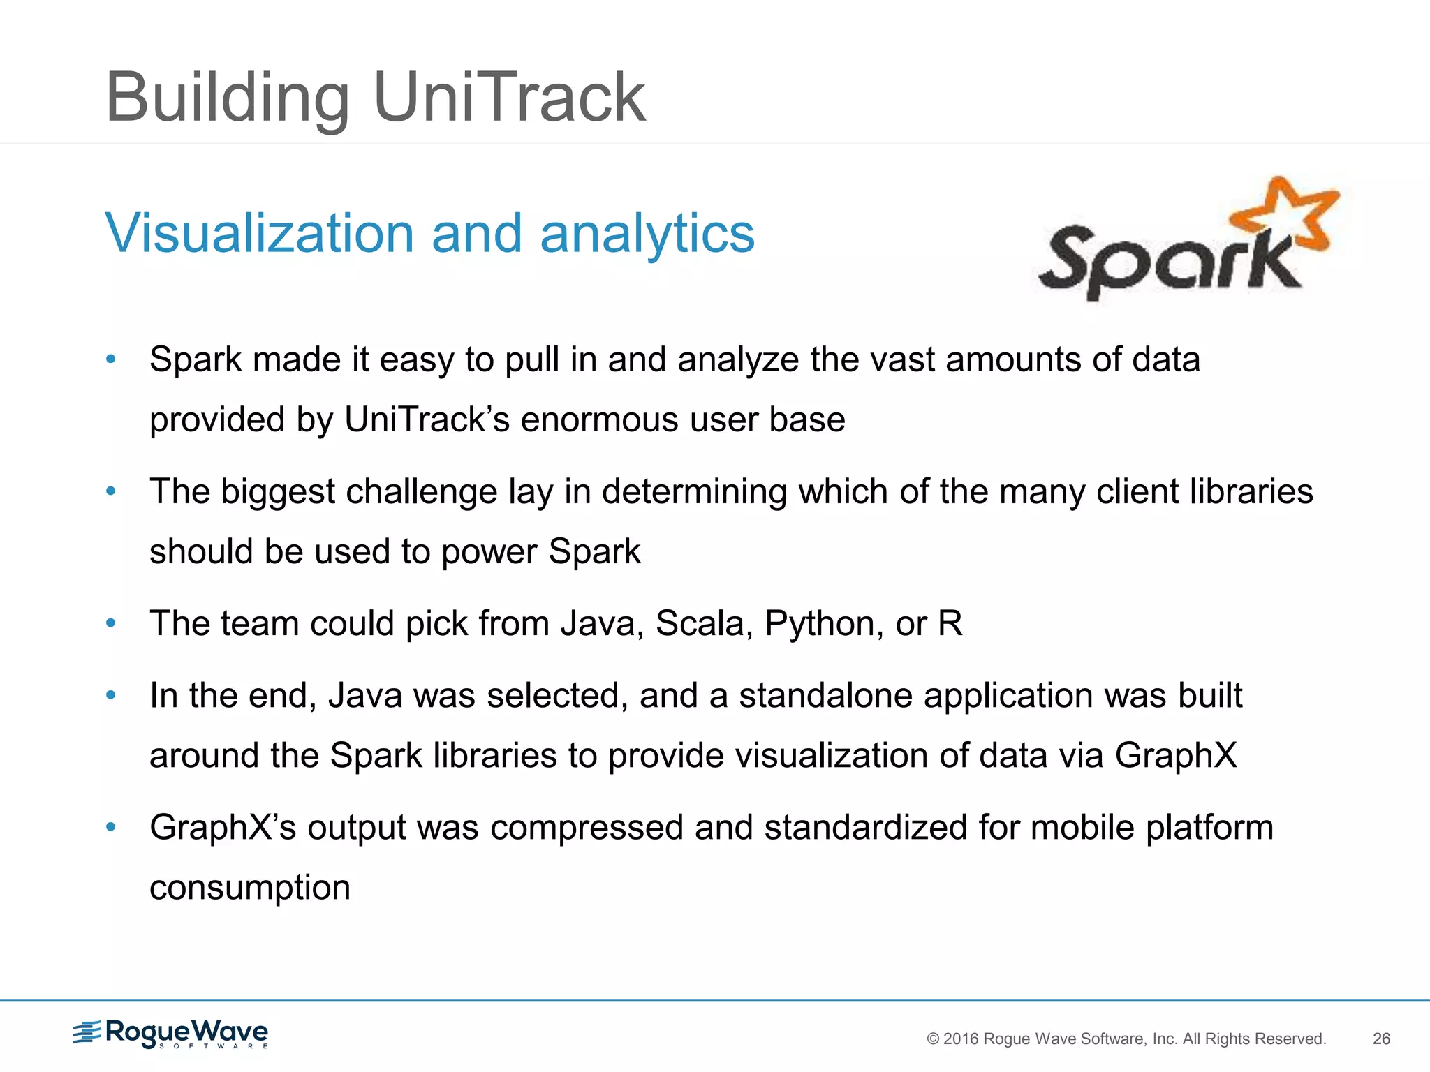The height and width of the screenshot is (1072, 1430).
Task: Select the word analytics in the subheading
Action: click(647, 233)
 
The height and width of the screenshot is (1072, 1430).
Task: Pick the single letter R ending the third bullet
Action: click(950, 623)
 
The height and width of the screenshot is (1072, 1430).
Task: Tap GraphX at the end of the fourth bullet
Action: click(1176, 756)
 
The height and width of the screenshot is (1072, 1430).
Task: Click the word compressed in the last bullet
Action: click(587, 828)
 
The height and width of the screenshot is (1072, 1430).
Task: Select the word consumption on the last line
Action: click(250, 888)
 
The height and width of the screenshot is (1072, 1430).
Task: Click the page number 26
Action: click(1381, 1038)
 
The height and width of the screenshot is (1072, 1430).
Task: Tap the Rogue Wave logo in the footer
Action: click(171, 1034)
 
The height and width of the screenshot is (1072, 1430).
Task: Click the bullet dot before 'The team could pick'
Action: click(110, 623)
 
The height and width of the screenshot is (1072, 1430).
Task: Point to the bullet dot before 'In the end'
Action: click(110, 695)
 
